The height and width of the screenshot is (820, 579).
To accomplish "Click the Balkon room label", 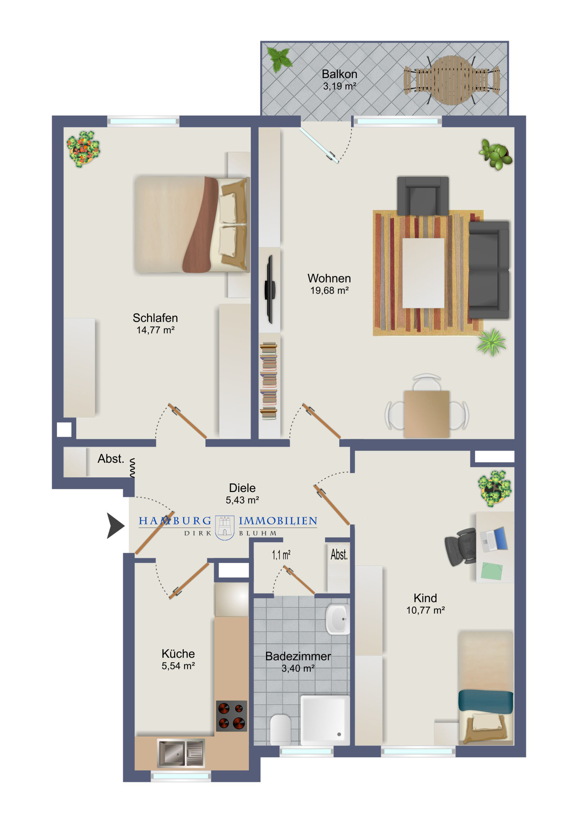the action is click(339, 74).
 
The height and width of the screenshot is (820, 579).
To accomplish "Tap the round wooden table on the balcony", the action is click(452, 80).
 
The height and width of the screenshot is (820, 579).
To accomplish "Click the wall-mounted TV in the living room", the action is click(270, 289).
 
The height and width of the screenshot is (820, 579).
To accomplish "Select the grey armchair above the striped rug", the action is click(423, 196).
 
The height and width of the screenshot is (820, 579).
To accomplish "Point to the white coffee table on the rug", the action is click(423, 273).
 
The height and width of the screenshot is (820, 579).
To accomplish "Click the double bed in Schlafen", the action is click(192, 224).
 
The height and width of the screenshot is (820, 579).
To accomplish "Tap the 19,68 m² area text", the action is click(329, 291).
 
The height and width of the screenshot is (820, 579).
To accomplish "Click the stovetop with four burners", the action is click(232, 716).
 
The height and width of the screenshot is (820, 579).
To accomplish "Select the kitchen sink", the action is click(181, 753).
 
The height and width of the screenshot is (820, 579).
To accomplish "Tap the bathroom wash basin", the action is click(338, 619).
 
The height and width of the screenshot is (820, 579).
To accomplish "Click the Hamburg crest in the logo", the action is click(225, 527).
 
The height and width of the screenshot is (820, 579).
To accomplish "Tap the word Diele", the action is click(242, 488).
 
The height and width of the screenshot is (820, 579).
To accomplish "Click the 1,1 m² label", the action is click(281, 555).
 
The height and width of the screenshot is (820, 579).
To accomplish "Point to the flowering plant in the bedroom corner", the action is click(83, 148).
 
